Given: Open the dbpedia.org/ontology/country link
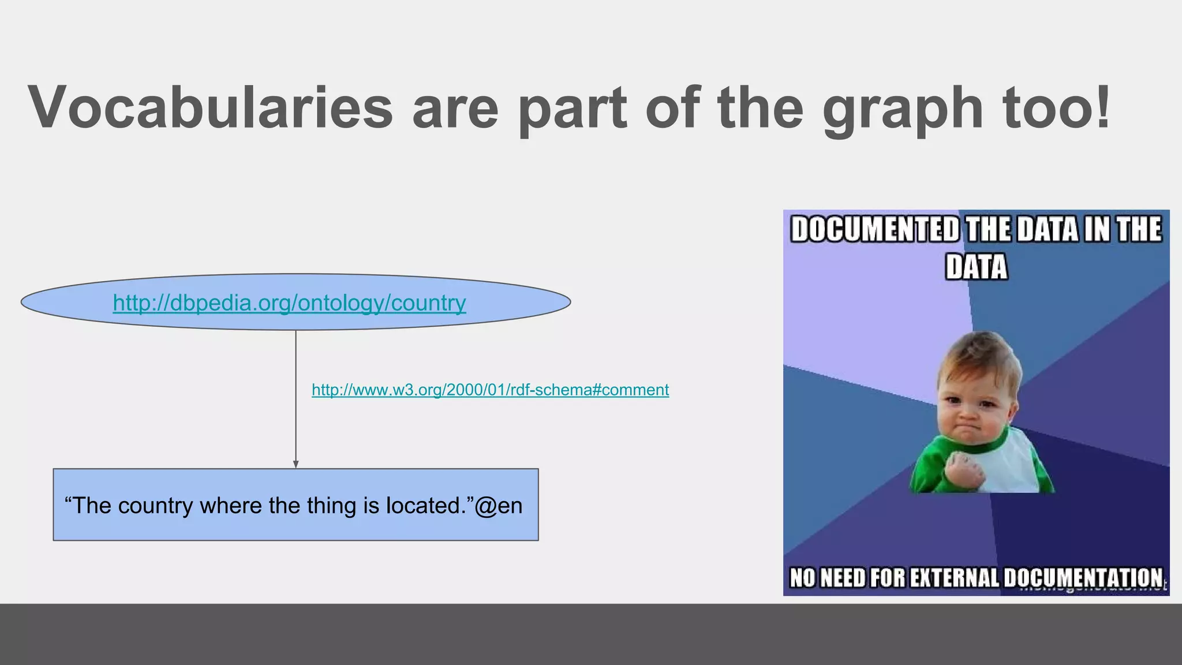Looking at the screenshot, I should click(289, 303).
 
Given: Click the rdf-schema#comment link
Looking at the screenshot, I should click(490, 390).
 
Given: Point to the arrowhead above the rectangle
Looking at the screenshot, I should click(296, 465).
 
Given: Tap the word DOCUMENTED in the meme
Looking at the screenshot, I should click(875, 230).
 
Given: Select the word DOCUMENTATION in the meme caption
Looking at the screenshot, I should click(1083, 578).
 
